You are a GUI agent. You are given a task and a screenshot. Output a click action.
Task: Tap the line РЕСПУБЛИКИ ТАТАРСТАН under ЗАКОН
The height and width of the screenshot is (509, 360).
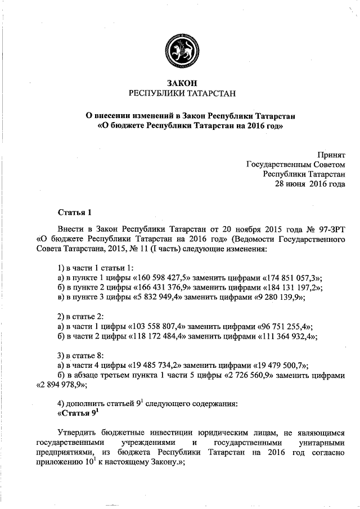(x=179, y=93)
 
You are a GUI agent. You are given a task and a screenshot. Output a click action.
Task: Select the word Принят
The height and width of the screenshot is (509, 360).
(x=331, y=154)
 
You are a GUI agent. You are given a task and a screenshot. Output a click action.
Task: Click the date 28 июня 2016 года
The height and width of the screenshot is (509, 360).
(x=309, y=183)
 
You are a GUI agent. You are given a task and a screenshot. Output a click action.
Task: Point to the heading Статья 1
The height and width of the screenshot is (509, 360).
(x=74, y=212)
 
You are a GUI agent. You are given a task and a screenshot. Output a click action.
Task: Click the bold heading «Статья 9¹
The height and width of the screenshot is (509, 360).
(x=78, y=413)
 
